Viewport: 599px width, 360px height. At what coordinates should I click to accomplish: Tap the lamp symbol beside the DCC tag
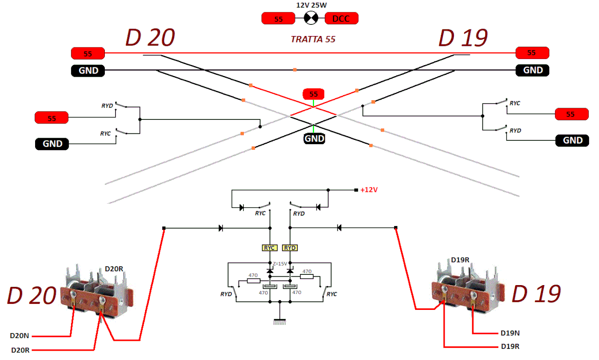311,19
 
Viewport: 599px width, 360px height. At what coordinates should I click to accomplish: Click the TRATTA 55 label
313,39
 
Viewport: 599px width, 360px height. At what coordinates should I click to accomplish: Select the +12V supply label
369,191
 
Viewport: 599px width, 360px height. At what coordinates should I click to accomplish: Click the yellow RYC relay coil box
270,248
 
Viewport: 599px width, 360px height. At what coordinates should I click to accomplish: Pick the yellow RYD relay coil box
290,248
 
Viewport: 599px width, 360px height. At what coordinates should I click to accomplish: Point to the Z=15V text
280,264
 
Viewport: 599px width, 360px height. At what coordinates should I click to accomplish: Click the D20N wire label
20,336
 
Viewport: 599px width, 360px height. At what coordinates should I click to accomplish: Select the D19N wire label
510,333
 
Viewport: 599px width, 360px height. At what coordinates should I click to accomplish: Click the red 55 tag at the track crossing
314,94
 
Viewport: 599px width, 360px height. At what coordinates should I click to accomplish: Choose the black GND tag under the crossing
314,139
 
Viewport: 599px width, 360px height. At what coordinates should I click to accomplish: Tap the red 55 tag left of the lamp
278,19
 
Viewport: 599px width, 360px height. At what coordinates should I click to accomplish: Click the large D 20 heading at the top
150,38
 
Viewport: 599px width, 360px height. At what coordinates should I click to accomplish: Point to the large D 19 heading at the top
463,38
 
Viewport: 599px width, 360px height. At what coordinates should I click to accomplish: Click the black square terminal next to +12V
356,190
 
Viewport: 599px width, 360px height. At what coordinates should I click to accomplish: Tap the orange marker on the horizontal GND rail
294,70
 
